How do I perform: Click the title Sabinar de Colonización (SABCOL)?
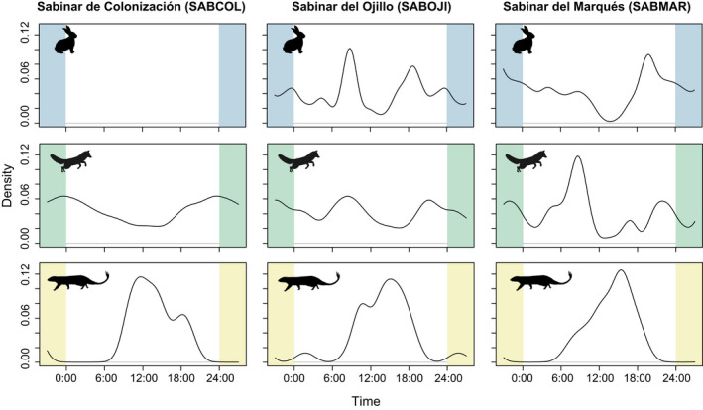[x=128, y=9]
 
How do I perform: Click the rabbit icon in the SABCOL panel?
[x=63, y=41]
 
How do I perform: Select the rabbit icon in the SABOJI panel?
[x=293, y=41]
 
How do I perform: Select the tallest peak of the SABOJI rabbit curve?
[x=350, y=49]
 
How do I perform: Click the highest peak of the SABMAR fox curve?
[x=577, y=157]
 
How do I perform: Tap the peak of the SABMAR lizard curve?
[x=620, y=270]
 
